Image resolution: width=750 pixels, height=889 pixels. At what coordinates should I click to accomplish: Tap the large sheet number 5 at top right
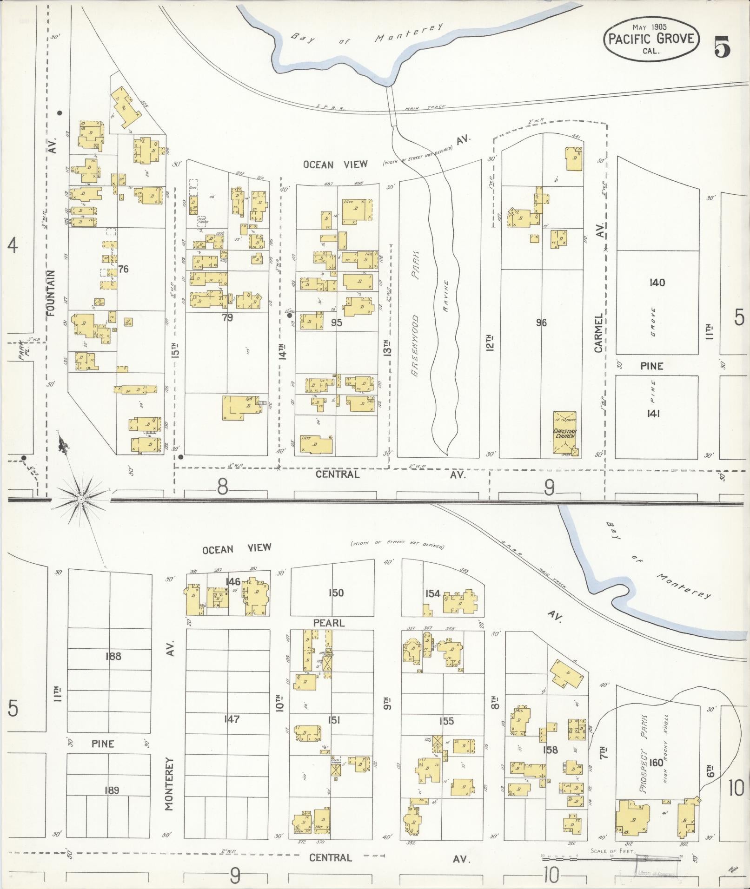tap(722, 46)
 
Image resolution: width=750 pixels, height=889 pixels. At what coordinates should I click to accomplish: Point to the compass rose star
tap(81, 499)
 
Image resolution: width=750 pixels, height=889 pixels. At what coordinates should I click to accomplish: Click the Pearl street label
tap(328, 623)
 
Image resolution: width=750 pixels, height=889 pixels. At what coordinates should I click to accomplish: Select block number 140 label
tap(657, 283)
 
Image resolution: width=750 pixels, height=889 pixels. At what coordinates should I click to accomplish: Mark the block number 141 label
tap(653, 414)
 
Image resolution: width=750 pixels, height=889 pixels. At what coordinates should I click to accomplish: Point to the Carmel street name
tap(598, 332)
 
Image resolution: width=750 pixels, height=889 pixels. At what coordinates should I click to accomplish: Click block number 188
tap(113, 656)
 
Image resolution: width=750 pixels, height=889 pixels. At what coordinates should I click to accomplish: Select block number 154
tap(432, 593)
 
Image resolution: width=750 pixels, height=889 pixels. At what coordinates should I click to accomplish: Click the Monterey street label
tap(169, 784)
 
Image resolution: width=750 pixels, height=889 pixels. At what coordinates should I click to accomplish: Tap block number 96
tap(541, 323)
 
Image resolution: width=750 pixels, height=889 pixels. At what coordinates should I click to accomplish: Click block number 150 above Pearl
tap(335, 593)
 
